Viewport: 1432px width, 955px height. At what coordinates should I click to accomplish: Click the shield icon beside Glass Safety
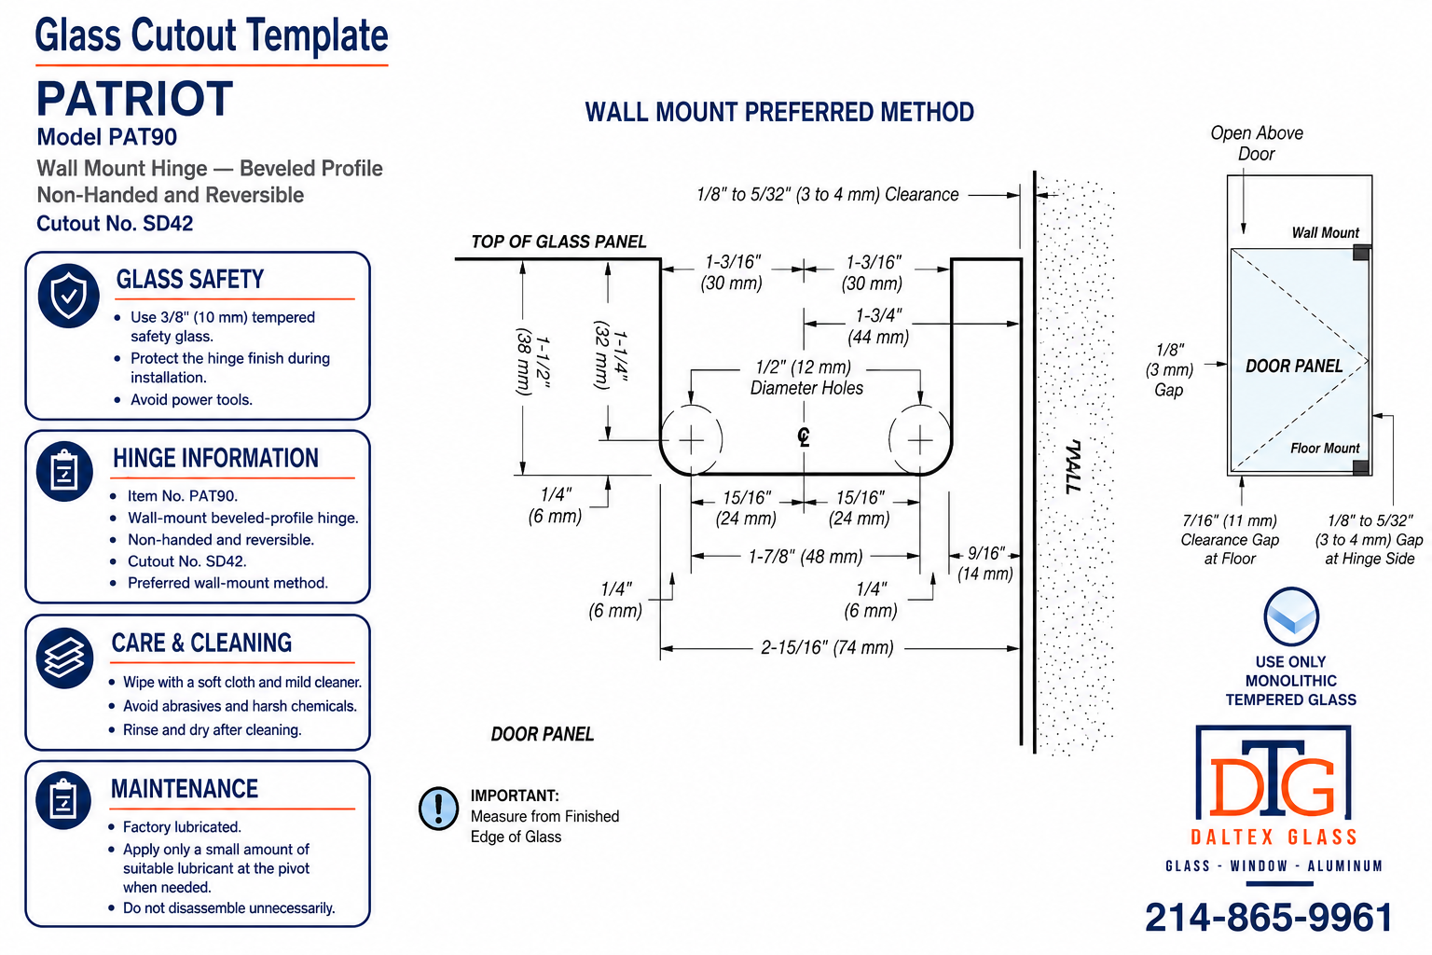point(68,296)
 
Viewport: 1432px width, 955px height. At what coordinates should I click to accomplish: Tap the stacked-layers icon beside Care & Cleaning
point(64,657)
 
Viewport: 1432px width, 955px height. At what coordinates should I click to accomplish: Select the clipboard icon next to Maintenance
point(63,800)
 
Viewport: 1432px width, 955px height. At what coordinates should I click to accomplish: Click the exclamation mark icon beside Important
point(438,809)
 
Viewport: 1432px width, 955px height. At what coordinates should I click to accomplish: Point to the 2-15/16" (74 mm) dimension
point(827,647)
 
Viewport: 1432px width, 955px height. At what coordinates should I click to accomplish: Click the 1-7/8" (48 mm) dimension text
point(805,557)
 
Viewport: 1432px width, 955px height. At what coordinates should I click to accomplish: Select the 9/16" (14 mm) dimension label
point(985,563)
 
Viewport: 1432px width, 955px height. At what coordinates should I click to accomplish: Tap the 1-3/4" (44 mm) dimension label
point(878,326)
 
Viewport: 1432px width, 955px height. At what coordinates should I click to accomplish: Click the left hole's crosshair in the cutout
point(691,440)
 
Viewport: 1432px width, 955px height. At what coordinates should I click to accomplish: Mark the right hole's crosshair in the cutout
point(920,440)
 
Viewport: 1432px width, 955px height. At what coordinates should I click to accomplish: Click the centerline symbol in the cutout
point(804,436)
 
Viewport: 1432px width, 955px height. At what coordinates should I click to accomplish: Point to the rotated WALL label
point(1073,466)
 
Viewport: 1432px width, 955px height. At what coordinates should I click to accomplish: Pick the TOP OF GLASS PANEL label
point(558,242)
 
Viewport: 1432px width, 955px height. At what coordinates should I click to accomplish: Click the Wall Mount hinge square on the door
point(1361,252)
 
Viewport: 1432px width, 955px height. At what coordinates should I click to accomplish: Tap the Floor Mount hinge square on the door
point(1361,467)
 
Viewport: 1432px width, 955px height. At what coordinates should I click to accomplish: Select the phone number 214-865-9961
point(1268,918)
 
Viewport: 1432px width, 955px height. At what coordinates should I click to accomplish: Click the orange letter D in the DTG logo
point(1236,785)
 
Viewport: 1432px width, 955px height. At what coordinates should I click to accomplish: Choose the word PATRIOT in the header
point(135,99)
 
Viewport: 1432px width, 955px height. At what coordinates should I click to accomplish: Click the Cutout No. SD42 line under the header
point(115,223)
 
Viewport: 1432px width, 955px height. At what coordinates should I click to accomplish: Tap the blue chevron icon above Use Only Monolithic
point(1291,616)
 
